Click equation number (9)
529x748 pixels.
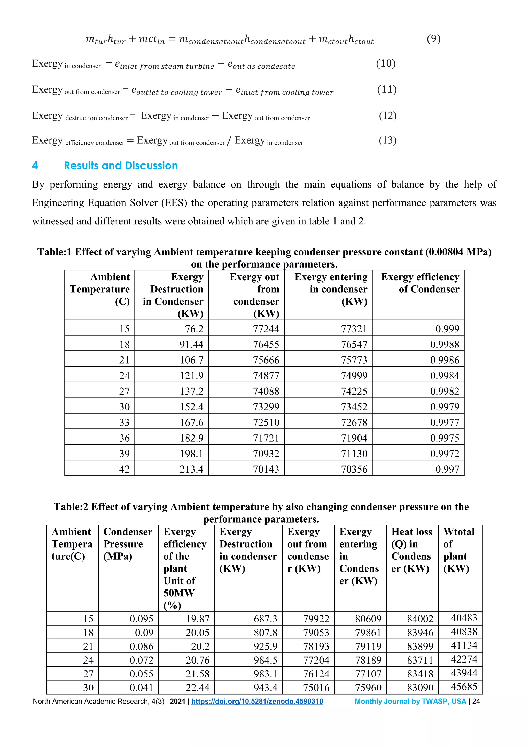click(x=434, y=39)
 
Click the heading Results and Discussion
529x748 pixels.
click(x=121, y=166)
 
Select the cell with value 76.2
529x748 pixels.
click(x=194, y=329)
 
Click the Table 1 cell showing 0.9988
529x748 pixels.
click(x=444, y=344)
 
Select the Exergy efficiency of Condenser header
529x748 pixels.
click(x=420, y=283)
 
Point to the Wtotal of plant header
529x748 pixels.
click(x=459, y=550)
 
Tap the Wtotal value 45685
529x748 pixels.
click(x=464, y=687)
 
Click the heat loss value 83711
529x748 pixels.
click(x=420, y=660)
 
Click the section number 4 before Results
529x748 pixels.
click(x=35, y=166)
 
